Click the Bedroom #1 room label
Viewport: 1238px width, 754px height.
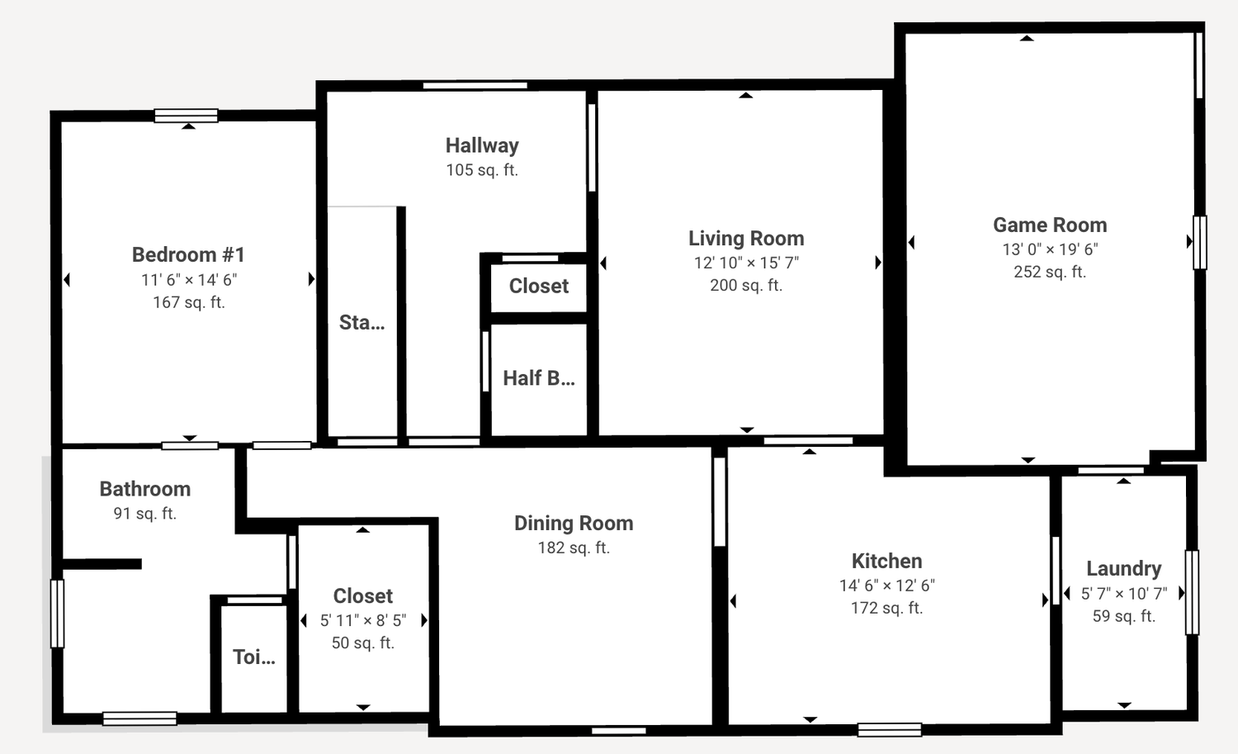click(x=188, y=255)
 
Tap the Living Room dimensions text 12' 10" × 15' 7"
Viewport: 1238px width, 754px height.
click(x=747, y=263)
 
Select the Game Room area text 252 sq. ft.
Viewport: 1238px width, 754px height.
click(x=1050, y=272)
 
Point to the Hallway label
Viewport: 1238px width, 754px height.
click(x=483, y=145)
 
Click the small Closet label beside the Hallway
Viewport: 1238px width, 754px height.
click(x=539, y=286)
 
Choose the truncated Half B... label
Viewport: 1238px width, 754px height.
click(x=539, y=378)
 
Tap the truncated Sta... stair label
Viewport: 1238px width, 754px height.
click(x=362, y=323)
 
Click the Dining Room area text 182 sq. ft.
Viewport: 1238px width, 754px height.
click(x=574, y=548)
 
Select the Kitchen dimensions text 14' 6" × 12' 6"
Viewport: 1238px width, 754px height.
click(x=887, y=586)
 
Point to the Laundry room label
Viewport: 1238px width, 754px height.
click(x=1124, y=569)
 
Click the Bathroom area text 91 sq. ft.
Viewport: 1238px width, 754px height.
click(x=145, y=514)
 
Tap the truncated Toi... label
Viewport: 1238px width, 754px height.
click(x=254, y=657)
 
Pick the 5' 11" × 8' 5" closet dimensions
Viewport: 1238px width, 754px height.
click(x=363, y=621)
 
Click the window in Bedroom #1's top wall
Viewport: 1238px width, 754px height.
click(x=187, y=116)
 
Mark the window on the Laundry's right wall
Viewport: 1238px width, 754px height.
click(x=1192, y=592)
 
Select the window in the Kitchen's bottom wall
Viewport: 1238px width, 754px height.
click(x=890, y=730)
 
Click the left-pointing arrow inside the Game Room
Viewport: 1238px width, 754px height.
click(x=911, y=242)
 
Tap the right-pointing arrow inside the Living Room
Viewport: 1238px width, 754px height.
click(x=878, y=263)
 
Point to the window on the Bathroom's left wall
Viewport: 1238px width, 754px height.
click(x=58, y=614)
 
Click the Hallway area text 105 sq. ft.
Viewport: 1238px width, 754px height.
click(x=483, y=170)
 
